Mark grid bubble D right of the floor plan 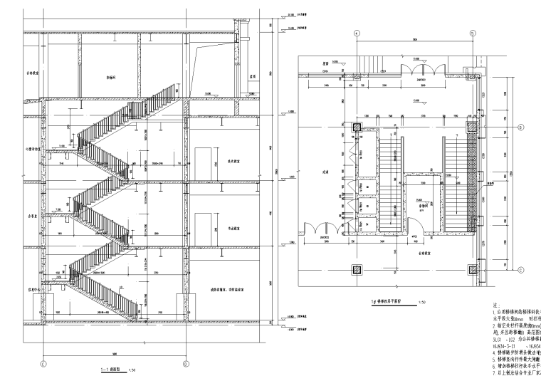coord(520,127)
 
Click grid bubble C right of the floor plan coord(520,269)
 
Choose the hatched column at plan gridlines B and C coord(472,269)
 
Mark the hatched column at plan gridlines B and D coord(472,127)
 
